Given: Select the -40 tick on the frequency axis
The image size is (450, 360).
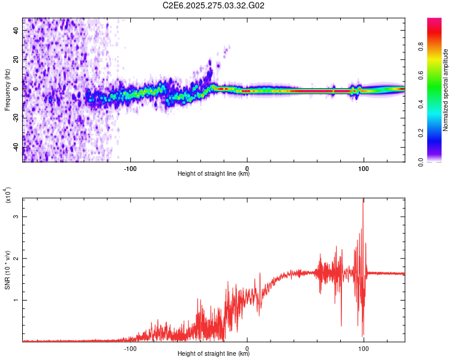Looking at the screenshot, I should pos(16,147).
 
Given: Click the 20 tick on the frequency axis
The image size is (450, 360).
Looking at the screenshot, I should pos(16,60).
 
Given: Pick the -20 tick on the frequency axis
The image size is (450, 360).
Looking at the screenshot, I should pos(16,118).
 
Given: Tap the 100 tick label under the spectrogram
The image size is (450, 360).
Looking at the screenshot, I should pos(363,167).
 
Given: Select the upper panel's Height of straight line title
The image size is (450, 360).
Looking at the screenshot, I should pos(214,174).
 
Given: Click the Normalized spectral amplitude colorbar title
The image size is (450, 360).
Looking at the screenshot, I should pos(446,90).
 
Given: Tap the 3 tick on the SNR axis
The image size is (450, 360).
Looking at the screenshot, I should pos(16,216).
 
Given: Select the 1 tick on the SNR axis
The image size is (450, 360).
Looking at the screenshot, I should pos(16,300).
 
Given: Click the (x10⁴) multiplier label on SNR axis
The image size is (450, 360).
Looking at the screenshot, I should pos(8,196).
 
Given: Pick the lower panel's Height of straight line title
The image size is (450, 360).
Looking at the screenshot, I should pos(214,353).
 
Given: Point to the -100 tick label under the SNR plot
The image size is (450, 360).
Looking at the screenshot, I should pos(130,347).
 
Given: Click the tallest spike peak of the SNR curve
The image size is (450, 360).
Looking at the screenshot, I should pos(363,200).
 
